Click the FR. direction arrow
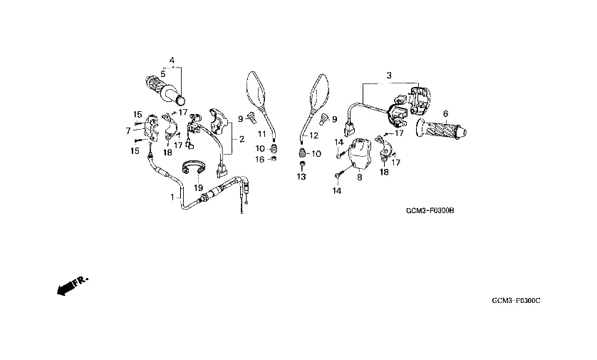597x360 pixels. (72, 286)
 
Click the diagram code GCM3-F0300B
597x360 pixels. (430, 211)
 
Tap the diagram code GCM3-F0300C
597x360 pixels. (516, 301)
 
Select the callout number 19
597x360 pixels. (198, 187)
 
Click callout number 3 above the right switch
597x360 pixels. (389, 76)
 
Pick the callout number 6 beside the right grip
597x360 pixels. (445, 113)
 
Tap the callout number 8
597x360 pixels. (360, 177)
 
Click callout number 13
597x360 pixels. (301, 177)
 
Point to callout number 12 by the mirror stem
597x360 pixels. (313, 135)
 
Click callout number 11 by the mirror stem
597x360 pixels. (262, 134)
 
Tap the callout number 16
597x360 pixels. (259, 159)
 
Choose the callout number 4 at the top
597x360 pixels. (172, 60)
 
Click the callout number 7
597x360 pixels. (128, 130)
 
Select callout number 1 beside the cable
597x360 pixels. (172, 197)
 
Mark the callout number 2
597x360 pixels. (242, 140)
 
